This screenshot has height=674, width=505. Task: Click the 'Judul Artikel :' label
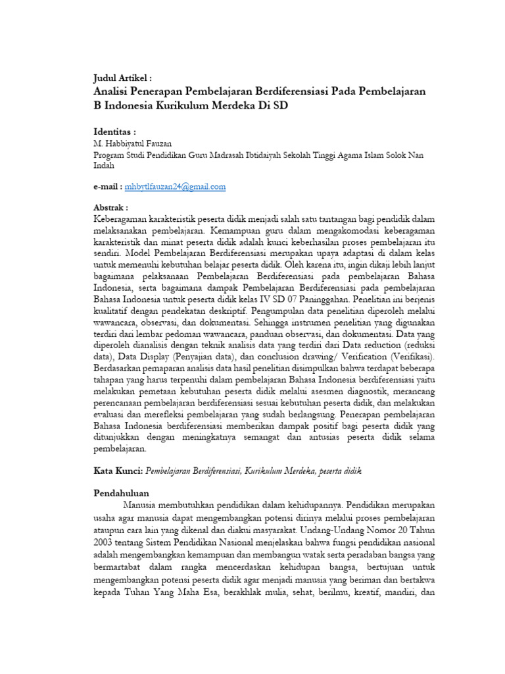[x=124, y=78]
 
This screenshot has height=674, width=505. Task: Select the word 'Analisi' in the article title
[x=116, y=91]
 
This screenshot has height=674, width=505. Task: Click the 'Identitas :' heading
[x=116, y=132]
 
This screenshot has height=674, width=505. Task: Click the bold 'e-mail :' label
[x=108, y=187]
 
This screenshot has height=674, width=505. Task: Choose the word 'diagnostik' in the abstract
[x=362, y=390]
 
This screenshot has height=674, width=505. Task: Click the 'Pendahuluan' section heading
[x=122, y=493]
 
